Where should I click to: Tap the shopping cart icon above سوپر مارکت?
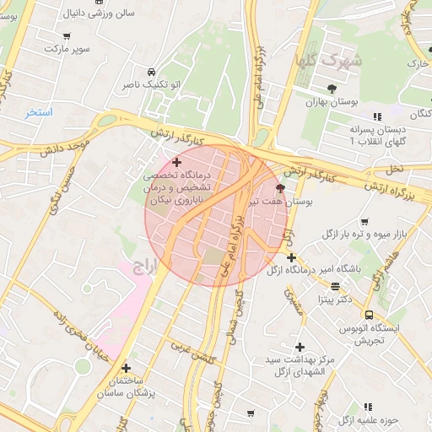pos(67,37)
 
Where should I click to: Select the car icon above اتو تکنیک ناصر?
pos(151,72)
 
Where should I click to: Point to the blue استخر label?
pos(39,112)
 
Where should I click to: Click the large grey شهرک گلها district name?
pos(329,60)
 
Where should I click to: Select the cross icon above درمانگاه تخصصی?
pos(176,162)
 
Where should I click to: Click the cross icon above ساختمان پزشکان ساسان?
pos(126,368)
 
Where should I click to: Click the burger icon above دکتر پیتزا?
pos(335,287)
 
